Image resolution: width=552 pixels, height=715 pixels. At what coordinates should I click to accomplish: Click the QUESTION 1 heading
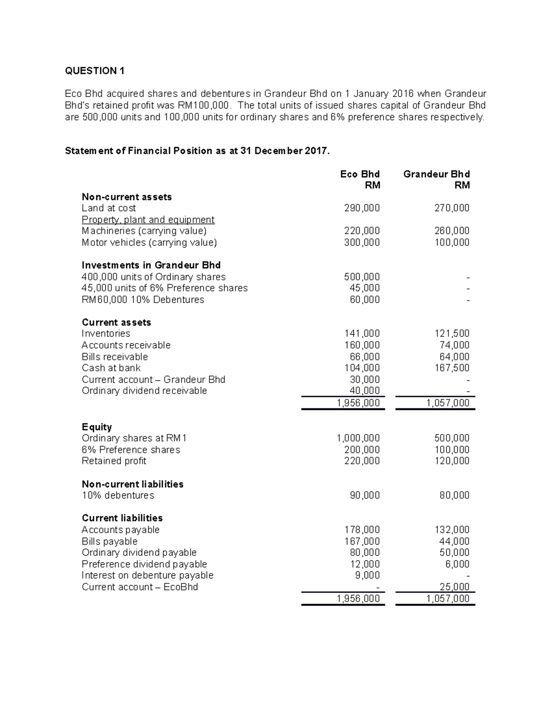click(x=95, y=70)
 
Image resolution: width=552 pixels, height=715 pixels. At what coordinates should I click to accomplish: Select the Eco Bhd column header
click(x=360, y=174)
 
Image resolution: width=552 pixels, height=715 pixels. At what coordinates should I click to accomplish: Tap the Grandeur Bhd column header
click(x=437, y=174)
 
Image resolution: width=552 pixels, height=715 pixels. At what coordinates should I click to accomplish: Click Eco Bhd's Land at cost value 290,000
click(x=362, y=208)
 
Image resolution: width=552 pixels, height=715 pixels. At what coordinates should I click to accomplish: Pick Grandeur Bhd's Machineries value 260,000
click(x=452, y=231)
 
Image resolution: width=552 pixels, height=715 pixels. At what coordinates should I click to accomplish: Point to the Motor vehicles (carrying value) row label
click(x=149, y=242)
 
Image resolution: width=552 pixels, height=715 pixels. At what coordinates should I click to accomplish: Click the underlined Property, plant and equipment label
click(x=148, y=220)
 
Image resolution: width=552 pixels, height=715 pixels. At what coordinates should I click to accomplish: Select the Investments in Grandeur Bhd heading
click(x=151, y=265)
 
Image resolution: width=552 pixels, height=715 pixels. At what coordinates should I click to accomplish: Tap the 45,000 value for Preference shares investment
click(x=365, y=288)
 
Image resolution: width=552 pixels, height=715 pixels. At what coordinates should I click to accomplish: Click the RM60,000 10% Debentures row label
click(x=143, y=300)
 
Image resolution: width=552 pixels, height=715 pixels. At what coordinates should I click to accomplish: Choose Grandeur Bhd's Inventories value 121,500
click(x=452, y=333)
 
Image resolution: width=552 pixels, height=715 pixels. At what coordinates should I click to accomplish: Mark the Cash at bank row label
click(x=111, y=368)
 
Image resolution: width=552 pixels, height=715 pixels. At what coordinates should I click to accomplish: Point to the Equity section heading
click(x=97, y=427)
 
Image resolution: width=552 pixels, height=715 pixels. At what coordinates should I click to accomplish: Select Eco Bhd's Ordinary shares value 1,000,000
click(x=358, y=438)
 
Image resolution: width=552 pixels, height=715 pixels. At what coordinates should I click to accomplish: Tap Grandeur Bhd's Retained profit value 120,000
click(x=452, y=461)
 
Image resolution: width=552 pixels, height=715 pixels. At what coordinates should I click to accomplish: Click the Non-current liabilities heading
click(x=132, y=484)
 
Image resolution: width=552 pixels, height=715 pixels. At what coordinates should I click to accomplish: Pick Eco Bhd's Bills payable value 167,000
click(x=362, y=541)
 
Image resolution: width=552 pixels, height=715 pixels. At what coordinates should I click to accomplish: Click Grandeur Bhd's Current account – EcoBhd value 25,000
click(x=454, y=587)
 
